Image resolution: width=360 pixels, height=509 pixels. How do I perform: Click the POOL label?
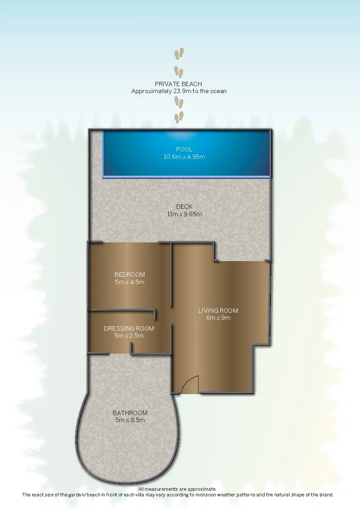tap(184, 149)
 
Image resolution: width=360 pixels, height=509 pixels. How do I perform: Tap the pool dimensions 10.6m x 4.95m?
tap(184, 157)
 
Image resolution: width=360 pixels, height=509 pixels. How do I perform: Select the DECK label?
tap(184, 207)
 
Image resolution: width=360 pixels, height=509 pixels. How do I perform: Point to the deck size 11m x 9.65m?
tap(184, 214)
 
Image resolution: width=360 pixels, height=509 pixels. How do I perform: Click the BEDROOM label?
tap(130, 275)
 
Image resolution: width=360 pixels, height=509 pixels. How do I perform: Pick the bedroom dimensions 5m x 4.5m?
tap(130, 282)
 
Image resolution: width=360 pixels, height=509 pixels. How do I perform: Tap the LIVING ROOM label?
tap(219, 311)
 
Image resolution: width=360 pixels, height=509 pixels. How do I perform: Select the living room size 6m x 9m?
tap(219, 318)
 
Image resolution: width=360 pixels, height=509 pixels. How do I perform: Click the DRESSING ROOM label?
tap(129, 328)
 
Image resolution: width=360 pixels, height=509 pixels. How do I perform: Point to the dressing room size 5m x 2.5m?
tap(129, 336)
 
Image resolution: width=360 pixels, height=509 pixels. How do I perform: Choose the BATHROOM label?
tap(130, 413)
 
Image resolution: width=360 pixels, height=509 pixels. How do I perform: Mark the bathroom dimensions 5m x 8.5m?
tap(130, 420)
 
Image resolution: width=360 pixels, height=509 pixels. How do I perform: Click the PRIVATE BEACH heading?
tap(178, 84)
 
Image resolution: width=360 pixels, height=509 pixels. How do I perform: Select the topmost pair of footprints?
tap(179, 54)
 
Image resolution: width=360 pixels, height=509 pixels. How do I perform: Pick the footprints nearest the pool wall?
tap(179, 117)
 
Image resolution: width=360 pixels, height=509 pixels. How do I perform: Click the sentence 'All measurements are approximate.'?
tap(177, 489)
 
